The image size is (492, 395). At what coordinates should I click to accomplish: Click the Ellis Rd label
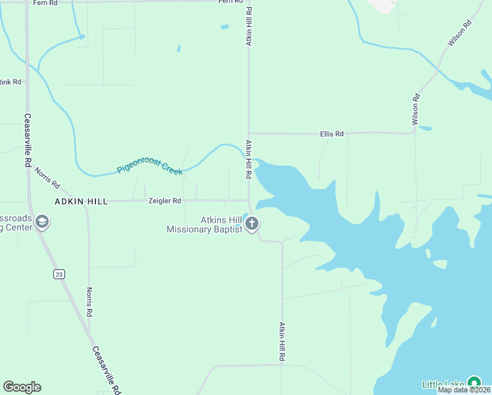click(x=332, y=134)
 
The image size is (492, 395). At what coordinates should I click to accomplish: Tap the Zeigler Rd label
click(x=164, y=201)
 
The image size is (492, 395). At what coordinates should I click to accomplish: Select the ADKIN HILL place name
click(x=80, y=201)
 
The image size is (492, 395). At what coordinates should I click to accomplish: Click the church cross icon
click(x=251, y=224)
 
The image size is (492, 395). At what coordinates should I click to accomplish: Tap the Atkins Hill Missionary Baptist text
click(x=205, y=224)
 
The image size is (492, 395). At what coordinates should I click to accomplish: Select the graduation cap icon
click(x=42, y=222)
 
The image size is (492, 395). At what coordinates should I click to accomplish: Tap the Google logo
click(x=22, y=387)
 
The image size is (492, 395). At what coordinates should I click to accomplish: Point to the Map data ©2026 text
click(x=464, y=390)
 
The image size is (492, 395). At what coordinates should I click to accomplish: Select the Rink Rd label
click(x=11, y=82)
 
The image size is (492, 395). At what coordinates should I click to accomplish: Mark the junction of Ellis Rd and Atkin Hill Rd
click(x=249, y=133)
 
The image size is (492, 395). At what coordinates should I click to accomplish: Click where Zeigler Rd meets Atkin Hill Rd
click(x=248, y=200)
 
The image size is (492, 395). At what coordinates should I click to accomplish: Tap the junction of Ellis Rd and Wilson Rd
click(x=414, y=132)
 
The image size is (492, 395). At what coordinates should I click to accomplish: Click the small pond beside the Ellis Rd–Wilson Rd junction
click(x=426, y=128)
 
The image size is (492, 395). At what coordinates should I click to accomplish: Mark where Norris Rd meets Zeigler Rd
click(x=89, y=201)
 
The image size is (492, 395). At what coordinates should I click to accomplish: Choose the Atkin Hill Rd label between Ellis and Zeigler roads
click(x=249, y=160)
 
